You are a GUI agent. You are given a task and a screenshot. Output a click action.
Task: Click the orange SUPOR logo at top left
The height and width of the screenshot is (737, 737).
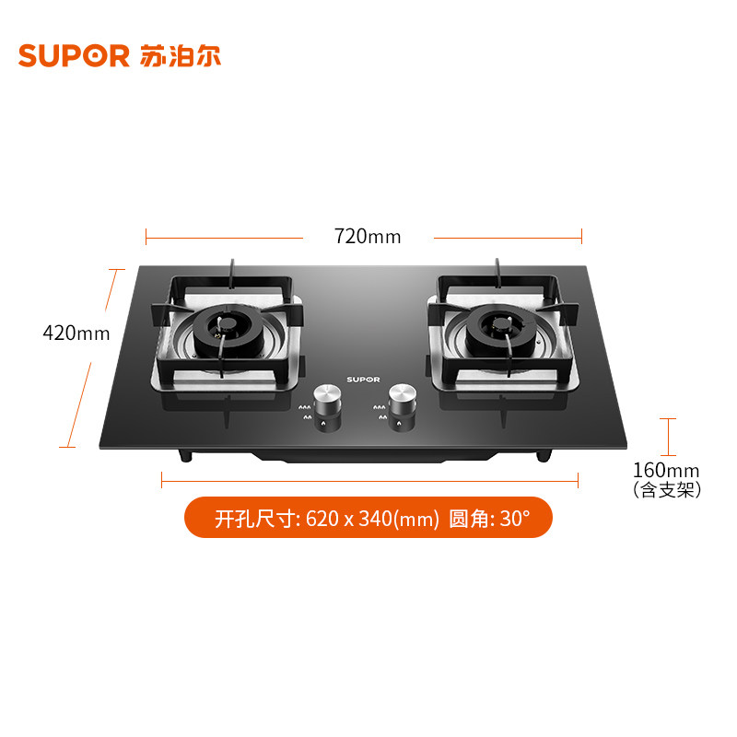pos(74,55)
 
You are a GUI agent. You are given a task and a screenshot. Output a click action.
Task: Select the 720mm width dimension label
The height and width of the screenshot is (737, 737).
pos(368,237)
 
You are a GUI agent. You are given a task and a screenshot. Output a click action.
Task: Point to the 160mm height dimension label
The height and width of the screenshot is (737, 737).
pos(667,472)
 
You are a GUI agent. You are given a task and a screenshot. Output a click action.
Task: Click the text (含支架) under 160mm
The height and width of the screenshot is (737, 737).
pos(667,491)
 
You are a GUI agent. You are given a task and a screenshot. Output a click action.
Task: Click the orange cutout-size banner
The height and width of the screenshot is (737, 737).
pos(368,518)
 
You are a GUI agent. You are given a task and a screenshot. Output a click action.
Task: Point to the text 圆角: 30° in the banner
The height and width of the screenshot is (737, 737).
pos(489,519)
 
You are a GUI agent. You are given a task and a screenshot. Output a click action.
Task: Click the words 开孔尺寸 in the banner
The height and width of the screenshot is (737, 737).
pos(256,519)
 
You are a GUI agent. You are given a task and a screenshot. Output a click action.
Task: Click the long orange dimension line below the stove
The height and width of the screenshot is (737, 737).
pos(368,479)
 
